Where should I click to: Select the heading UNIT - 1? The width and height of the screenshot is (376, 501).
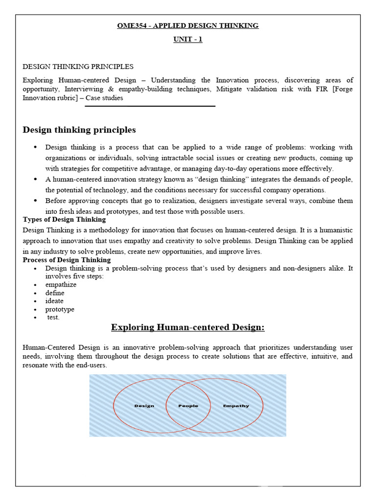pyautogui.click(x=188, y=40)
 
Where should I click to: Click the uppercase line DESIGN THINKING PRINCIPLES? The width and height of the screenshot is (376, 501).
pyautogui.click(x=78, y=67)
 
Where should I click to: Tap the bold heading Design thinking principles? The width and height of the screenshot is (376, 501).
pyautogui.click(x=79, y=130)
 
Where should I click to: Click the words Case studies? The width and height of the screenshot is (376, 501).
pyautogui.click(x=104, y=98)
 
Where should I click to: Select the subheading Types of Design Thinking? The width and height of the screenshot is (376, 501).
pyautogui.click(x=64, y=219)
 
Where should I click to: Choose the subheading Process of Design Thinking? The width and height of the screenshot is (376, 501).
pyautogui.click(x=67, y=260)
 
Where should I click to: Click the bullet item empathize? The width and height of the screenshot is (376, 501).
pyautogui.click(x=61, y=285)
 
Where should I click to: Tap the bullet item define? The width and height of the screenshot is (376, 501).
pyautogui.click(x=55, y=293)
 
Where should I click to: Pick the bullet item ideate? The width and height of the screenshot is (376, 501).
pyautogui.click(x=54, y=301)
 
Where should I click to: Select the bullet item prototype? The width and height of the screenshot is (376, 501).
pyautogui.click(x=60, y=309)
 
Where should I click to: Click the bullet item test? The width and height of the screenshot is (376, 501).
pyautogui.click(x=53, y=318)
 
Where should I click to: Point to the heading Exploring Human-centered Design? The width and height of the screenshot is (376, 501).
pyautogui.click(x=188, y=327)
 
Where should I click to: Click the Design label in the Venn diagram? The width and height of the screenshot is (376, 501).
pyautogui.click(x=144, y=406)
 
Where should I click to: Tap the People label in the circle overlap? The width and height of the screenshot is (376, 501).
pyautogui.click(x=188, y=406)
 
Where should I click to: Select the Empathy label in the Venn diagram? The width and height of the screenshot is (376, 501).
pyautogui.click(x=236, y=406)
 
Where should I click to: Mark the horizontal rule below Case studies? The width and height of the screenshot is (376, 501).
pyautogui.click(x=150, y=106)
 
